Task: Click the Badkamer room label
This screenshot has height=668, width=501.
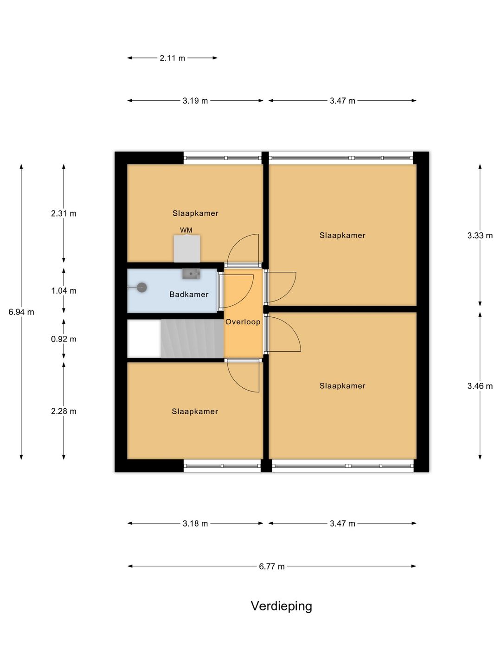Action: [189, 294]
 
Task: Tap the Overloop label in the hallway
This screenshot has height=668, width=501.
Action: [243, 321]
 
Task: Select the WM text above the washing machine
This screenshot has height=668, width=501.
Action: [186, 230]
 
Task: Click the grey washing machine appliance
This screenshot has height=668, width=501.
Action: [187, 248]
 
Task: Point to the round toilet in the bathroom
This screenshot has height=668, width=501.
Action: [142, 287]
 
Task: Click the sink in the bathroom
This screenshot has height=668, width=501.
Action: [191, 274]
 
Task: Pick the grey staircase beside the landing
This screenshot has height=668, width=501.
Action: [192, 339]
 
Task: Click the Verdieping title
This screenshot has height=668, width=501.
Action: [282, 606]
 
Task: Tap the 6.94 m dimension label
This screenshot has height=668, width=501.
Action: [21, 312]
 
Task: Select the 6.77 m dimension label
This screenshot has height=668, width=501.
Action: [272, 566]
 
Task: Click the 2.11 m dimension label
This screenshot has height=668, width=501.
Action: [173, 58]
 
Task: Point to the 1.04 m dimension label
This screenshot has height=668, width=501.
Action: [64, 291]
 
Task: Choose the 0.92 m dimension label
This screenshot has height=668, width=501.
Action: [64, 339]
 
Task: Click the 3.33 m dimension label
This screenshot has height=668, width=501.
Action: [480, 235]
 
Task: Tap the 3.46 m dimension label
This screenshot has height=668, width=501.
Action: [480, 386]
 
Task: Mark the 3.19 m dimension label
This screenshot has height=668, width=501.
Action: [195, 101]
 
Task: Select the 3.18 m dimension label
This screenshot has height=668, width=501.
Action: [195, 523]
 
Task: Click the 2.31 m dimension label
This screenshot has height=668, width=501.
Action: [64, 214]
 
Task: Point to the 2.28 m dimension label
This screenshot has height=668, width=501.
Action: [64, 411]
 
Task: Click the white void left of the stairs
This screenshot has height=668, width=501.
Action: [144, 339]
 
